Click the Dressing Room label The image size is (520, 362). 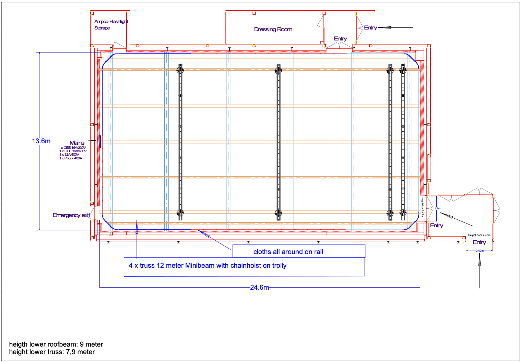(273, 29)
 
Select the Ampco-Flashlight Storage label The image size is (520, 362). (111, 25)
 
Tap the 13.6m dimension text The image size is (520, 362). (41, 141)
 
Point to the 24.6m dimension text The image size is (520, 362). (259, 287)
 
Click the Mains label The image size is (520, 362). (77, 143)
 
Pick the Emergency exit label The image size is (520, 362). (71, 215)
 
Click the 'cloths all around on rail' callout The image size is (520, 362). (288, 252)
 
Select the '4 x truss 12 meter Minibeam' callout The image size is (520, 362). (208, 266)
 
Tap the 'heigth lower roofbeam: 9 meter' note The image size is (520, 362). (56, 344)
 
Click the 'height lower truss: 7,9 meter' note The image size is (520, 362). (52, 352)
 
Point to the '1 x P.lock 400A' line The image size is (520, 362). (71, 158)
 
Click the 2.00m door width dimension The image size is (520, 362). (480, 251)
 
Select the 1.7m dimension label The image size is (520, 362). (437, 208)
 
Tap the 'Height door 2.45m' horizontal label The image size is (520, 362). (479, 235)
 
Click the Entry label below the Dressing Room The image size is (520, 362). (340, 39)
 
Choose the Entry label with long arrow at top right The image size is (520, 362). (370, 28)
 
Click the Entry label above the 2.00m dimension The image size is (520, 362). (479, 242)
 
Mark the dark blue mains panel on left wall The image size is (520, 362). (100, 141)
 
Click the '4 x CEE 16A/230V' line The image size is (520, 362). (72, 148)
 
